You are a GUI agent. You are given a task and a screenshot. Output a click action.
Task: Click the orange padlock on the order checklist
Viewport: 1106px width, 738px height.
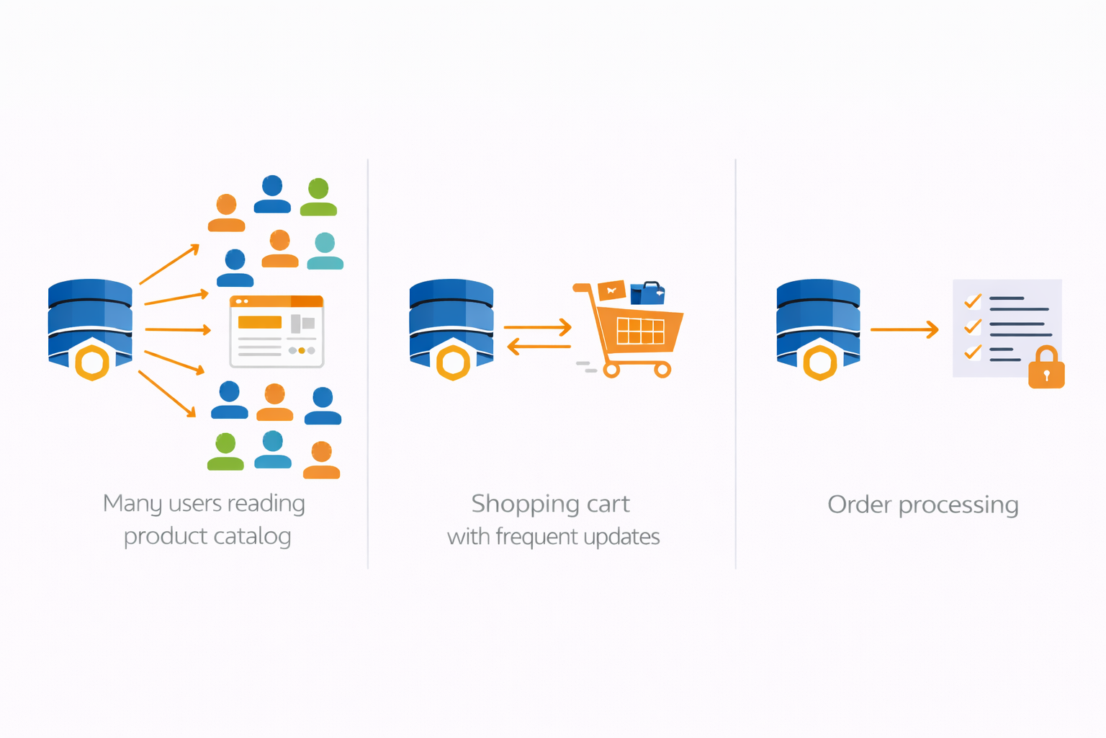click(x=1046, y=369)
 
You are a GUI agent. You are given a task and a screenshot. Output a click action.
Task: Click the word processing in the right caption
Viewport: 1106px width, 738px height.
click(x=958, y=506)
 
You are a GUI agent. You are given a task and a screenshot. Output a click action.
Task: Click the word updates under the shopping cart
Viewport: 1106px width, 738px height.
click(x=621, y=538)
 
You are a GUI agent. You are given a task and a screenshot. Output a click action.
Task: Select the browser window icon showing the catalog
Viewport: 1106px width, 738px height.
click(x=276, y=332)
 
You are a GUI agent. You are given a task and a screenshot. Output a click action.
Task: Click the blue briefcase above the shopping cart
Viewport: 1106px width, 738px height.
click(x=647, y=293)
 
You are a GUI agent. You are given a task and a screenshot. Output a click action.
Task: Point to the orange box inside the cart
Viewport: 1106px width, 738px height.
click(x=611, y=290)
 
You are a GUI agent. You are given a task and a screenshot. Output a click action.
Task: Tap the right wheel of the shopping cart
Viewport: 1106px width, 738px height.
click(x=662, y=370)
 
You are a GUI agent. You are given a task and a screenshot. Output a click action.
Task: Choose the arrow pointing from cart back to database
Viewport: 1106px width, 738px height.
click(x=539, y=347)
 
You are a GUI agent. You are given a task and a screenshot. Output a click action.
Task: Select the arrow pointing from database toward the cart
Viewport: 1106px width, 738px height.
click(x=538, y=328)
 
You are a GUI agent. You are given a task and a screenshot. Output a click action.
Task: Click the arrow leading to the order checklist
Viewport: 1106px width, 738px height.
click(x=904, y=329)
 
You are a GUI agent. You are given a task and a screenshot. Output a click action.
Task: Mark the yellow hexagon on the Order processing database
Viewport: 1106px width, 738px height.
click(x=820, y=363)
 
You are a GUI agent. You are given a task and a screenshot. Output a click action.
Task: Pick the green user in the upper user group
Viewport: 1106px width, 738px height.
click(x=318, y=197)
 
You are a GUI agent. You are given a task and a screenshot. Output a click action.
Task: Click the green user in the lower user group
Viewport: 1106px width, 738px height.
click(x=225, y=452)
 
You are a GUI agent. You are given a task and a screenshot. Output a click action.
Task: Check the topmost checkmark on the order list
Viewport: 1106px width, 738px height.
click(x=973, y=301)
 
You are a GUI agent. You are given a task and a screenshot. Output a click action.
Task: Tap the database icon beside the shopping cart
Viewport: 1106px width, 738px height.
click(x=451, y=329)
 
